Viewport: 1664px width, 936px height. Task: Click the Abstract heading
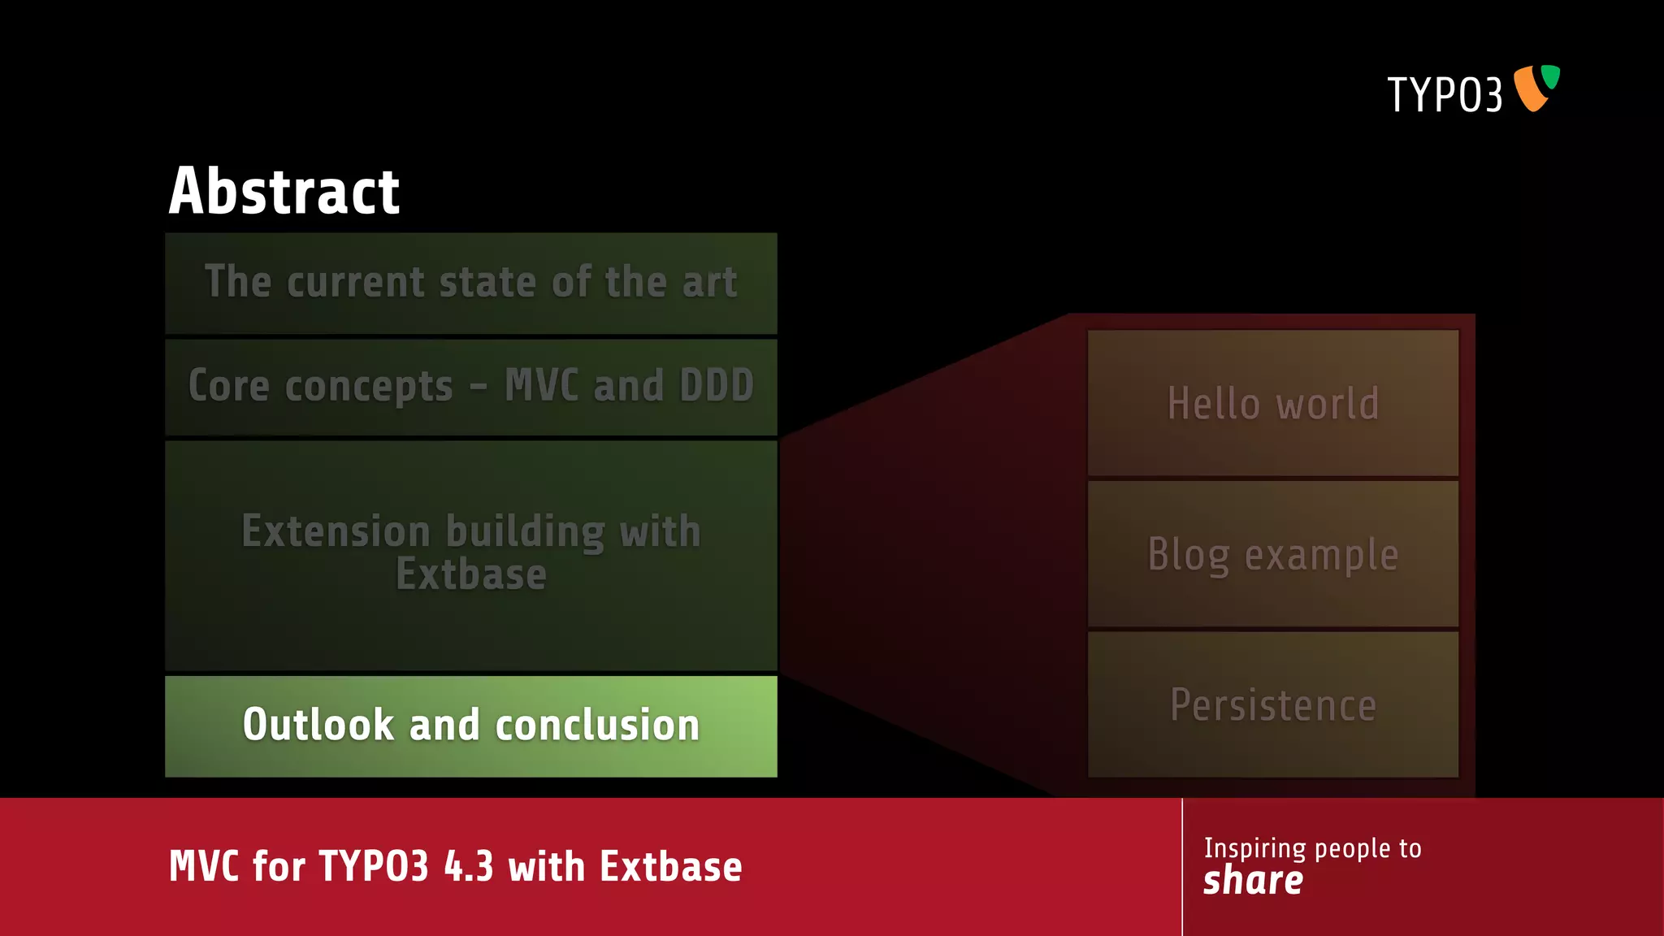(284, 192)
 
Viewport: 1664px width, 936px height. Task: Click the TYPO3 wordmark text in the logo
(1444, 95)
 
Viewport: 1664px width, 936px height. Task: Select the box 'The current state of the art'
(470, 283)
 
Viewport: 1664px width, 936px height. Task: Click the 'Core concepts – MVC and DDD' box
(470, 386)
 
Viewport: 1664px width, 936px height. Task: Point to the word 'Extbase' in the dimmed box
(470, 574)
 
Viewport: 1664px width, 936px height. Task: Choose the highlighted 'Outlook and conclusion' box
(470, 726)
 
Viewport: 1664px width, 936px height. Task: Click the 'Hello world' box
(1272, 403)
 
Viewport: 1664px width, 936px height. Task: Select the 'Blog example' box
(1272, 554)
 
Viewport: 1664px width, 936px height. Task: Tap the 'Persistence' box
(1272, 704)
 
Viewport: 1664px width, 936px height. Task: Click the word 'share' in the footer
(1253, 881)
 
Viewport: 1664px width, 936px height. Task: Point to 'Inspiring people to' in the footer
(1312, 848)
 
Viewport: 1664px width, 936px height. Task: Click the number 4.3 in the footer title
(468, 866)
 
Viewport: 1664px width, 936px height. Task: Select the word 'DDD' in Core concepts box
(717, 385)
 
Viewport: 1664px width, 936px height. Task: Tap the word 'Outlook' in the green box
(318, 725)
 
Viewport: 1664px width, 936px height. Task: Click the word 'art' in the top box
(709, 282)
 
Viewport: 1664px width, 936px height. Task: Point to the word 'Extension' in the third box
(335, 531)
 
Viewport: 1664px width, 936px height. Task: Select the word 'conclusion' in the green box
(597, 725)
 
